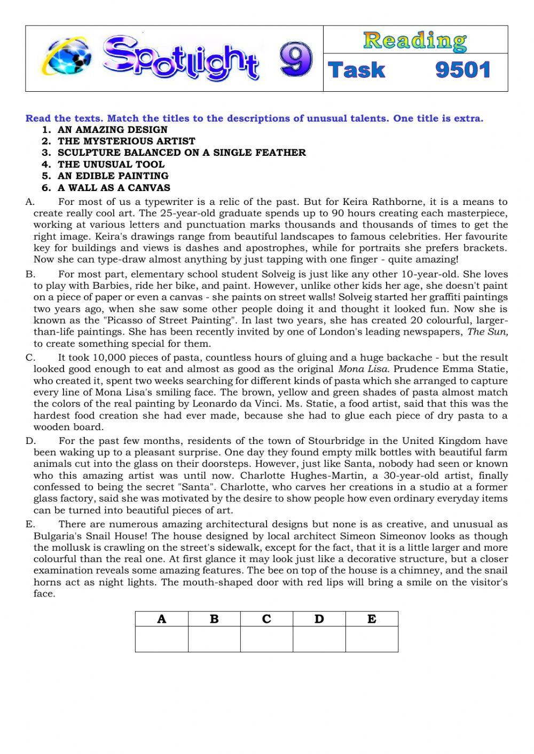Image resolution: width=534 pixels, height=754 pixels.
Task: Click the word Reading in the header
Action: pyautogui.click(x=415, y=41)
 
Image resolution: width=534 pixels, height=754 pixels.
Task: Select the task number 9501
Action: pyautogui.click(x=462, y=70)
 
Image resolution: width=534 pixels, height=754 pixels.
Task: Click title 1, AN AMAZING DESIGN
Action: pyautogui.click(x=112, y=130)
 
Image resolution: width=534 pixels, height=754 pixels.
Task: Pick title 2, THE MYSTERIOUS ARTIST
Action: pyautogui.click(x=127, y=141)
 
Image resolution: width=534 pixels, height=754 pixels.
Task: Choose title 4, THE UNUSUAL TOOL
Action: pyautogui.click(x=111, y=164)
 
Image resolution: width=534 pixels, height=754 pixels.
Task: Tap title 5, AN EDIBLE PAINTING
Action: pyautogui.click(x=113, y=176)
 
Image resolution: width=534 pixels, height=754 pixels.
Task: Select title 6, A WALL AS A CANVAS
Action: pyautogui.click(x=114, y=188)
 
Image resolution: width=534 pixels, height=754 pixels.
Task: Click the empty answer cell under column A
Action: pyautogui.click(x=161, y=639)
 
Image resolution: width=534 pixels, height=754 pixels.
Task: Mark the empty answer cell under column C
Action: pyautogui.click(x=266, y=639)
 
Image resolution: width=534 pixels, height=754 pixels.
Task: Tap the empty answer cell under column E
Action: pyautogui.click(x=372, y=639)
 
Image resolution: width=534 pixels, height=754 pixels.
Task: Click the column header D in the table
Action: pyautogui.click(x=319, y=619)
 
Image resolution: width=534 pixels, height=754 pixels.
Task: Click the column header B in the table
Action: pyautogui.click(x=214, y=619)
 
